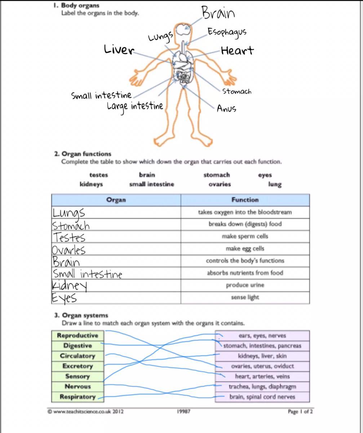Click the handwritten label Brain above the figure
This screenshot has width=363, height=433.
pos(218,13)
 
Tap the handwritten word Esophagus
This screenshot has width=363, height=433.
pos(227,32)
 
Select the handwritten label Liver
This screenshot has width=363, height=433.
pos(119,49)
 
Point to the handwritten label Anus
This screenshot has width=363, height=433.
pos(226,108)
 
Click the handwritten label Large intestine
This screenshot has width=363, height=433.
pos(135,106)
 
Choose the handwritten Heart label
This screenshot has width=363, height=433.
pos(237,51)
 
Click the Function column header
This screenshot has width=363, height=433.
pos(245,200)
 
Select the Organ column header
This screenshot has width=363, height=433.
pos(116,200)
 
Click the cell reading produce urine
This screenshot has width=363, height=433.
pos(245,285)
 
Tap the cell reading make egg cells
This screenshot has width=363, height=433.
pos(245,249)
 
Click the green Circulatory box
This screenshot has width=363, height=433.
pos(78,356)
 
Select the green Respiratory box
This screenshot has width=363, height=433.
pos(78,397)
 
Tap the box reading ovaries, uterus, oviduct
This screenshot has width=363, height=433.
pos(262,366)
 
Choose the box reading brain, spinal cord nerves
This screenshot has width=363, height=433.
pos(262,397)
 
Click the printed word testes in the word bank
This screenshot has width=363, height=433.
pos(98,175)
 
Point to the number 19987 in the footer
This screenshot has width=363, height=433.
pos(184,411)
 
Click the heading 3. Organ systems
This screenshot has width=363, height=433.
pos(81,315)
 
